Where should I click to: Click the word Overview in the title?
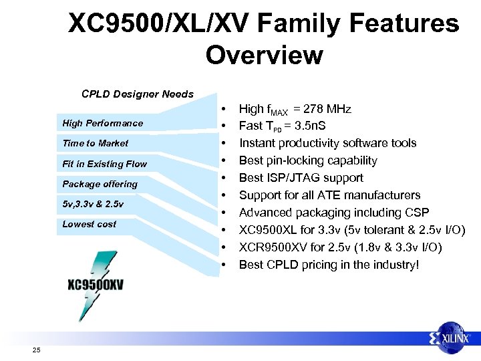[264, 55]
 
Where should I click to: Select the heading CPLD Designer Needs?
[137, 94]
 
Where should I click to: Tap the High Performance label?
[102, 123]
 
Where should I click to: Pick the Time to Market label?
[95, 143]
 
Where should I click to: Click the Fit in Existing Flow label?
[104, 164]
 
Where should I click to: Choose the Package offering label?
[100, 184]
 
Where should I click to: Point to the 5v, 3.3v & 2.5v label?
[93, 204]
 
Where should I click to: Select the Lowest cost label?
[89, 224]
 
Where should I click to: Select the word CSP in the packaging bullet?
[416, 213]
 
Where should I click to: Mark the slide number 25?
[35, 350]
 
